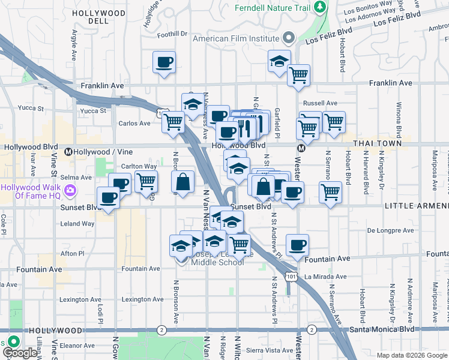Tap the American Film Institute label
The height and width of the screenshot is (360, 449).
point(236,38)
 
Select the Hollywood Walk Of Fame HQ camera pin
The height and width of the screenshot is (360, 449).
point(71,191)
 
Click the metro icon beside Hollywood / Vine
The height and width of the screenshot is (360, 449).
point(68,152)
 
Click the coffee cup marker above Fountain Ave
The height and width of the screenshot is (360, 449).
point(297,244)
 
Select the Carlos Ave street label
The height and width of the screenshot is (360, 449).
point(134,124)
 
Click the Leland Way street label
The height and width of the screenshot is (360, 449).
point(77,224)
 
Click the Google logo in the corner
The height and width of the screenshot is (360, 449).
point(19,353)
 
